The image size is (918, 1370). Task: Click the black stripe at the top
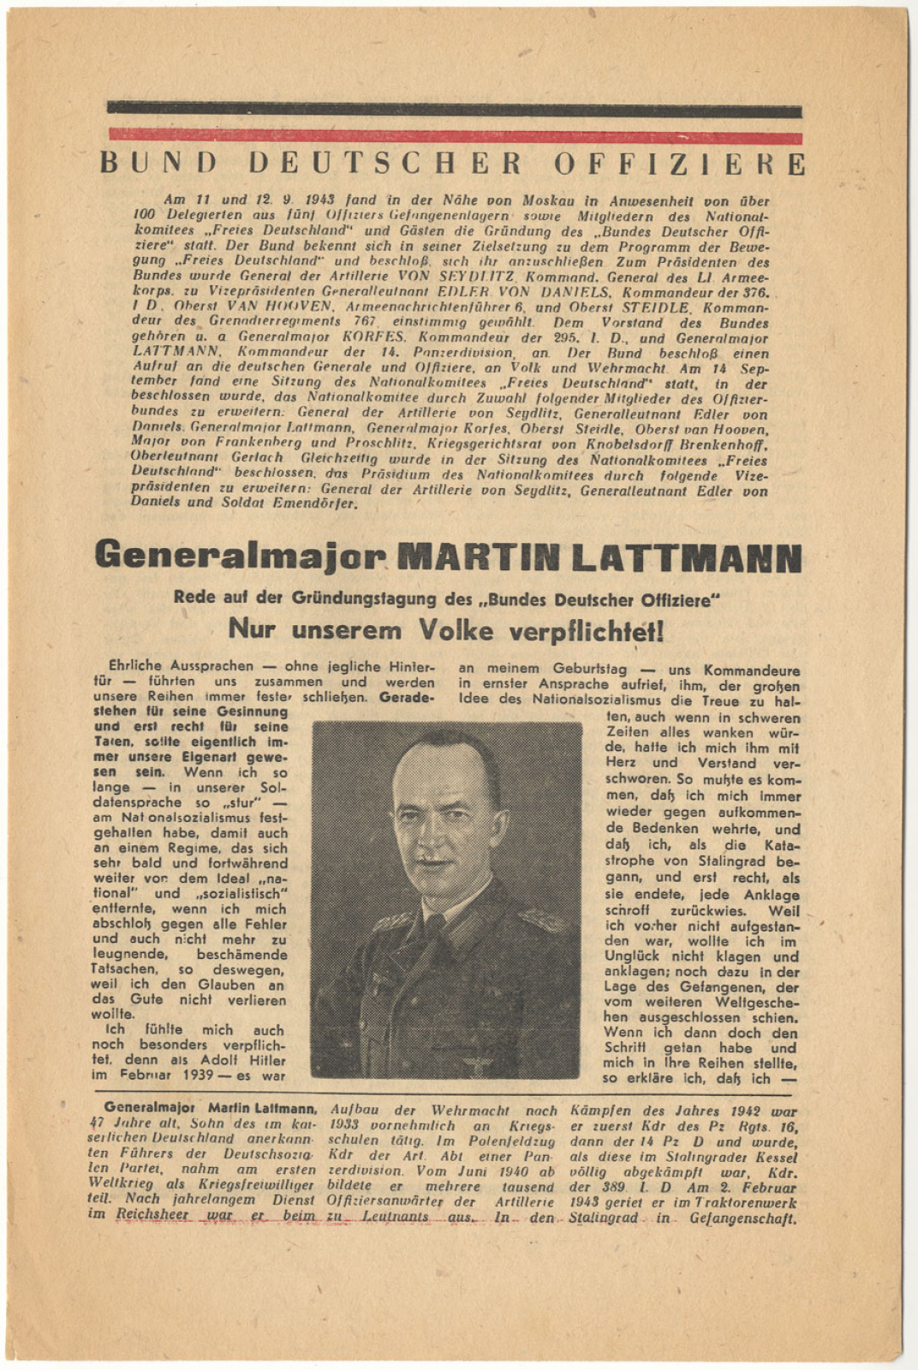(x=454, y=110)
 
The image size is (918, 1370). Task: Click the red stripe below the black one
(x=454, y=136)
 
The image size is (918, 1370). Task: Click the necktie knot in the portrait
(x=436, y=926)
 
